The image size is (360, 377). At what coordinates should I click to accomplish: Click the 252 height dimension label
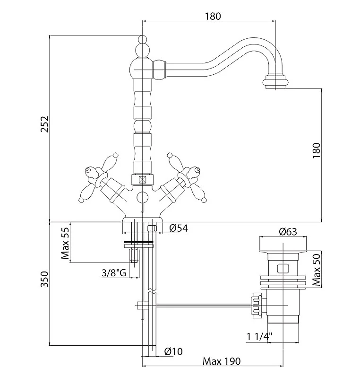click(x=44, y=124)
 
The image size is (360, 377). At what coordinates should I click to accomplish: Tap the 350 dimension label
click(x=44, y=279)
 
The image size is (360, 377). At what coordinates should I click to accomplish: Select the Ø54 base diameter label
click(x=179, y=228)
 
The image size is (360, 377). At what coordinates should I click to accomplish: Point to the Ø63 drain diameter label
click(x=288, y=232)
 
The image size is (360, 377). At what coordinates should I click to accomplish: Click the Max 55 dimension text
click(x=65, y=243)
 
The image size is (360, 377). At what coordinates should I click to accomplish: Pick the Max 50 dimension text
click(x=317, y=270)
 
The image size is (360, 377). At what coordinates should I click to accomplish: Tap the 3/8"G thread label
click(x=114, y=273)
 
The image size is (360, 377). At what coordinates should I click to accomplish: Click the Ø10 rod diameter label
click(x=173, y=351)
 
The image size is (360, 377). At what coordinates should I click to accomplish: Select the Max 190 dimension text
click(x=222, y=361)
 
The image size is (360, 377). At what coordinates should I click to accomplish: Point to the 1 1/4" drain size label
click(x=260, y=336)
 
